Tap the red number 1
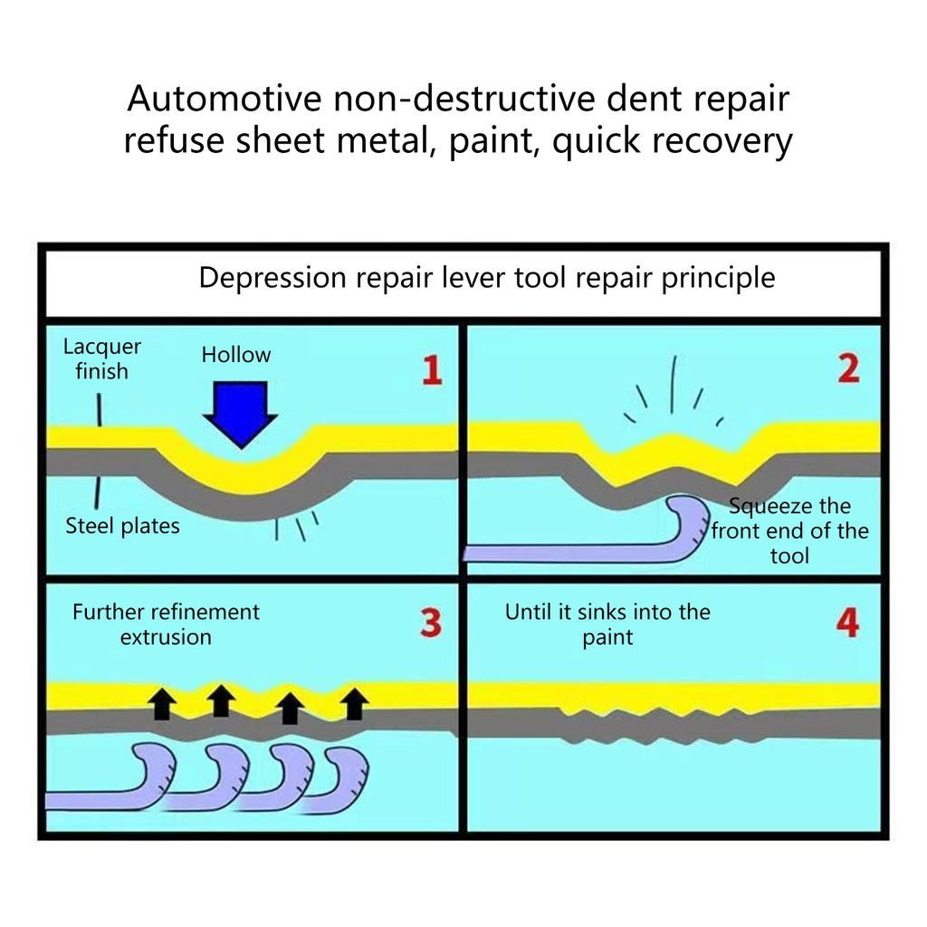coord(432,370)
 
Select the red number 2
coord(848,368)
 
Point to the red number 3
coord(432,623)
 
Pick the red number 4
coord(847,623)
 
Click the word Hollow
coord(236,355)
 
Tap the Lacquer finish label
coord(101,358)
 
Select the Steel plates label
coord(122,526)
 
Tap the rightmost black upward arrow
coord(356,702)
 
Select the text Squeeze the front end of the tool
coord(789,530)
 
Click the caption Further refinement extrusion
coord(166,624)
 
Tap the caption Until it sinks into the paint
coord(607,624)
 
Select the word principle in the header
coord(718,278)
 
